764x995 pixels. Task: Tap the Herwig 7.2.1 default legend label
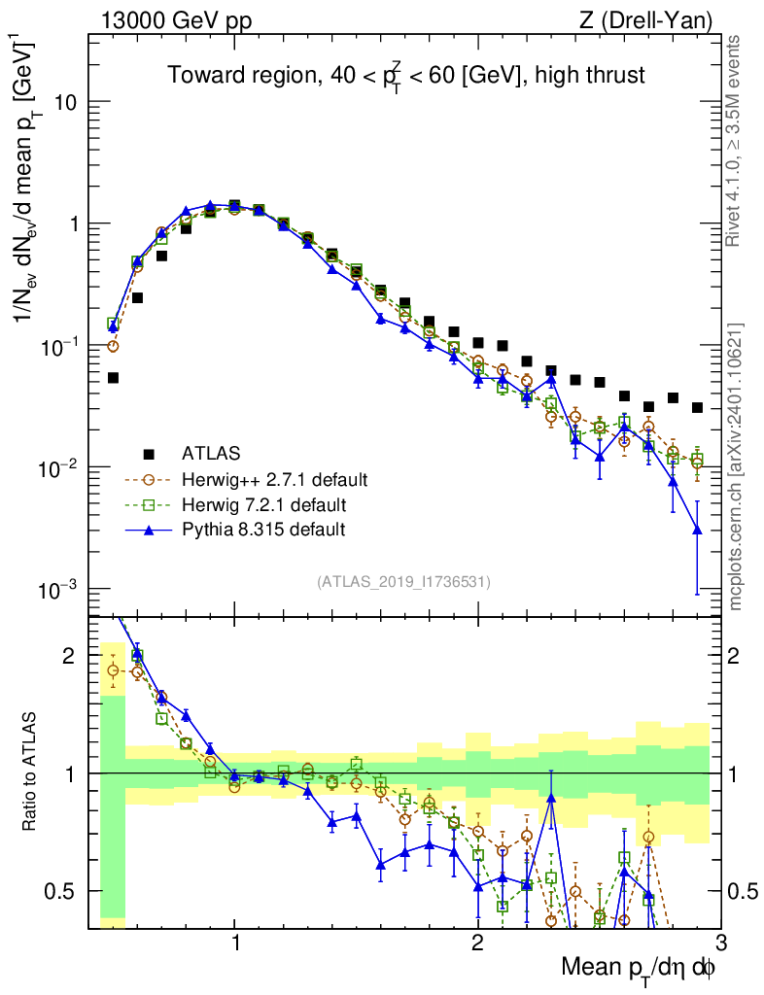pos(263,504)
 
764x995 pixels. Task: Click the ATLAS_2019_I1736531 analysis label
pos(403,582)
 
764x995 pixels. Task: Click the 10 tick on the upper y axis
pos(68,102)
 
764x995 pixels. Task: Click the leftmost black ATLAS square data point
pos(113,378)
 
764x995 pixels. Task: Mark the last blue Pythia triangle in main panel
pos(696,530)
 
